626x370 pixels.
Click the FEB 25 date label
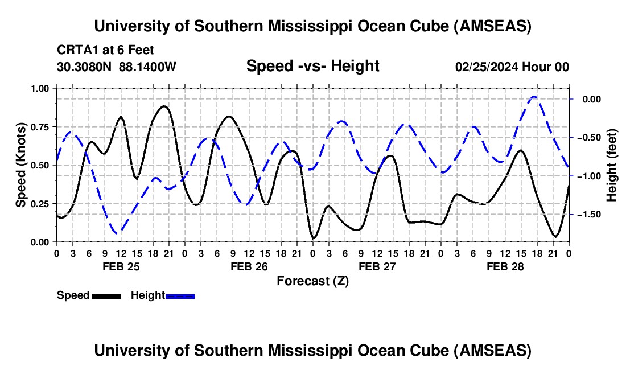tap(120, 266)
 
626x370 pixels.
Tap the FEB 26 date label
tap(249, 266)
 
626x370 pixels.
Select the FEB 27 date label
tap(377, 266)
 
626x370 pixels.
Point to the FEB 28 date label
tap(505, 266)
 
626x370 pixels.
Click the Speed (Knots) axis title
tap(21, 165)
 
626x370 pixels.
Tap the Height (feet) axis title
tap(612, 165)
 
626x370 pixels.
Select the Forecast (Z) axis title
tap(312, 281)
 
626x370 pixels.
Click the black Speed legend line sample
tap(106, 296)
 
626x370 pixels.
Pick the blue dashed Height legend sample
tap(180, 296)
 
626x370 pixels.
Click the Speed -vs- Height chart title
tap(312, 66)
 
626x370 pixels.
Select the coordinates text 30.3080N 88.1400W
tap(117, 67)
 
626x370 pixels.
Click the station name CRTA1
tap(75, 51)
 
